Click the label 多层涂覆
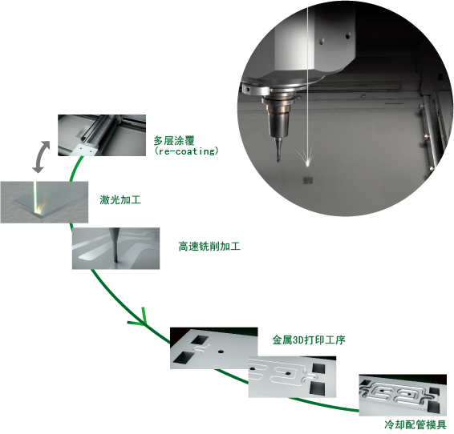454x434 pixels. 174,141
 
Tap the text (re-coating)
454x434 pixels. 186,151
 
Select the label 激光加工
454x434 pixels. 120,199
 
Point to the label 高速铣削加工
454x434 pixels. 209,247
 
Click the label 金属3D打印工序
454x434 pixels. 309,340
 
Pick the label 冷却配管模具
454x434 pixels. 415,424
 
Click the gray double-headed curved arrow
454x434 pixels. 40,157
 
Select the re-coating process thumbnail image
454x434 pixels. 102,135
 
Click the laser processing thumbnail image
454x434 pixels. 44,202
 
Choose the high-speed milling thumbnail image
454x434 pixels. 116,248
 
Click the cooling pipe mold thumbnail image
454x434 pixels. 403,396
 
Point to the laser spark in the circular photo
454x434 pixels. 307,158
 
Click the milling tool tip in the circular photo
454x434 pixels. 278,160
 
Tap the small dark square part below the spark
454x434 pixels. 307,181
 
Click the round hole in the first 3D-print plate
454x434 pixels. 221,352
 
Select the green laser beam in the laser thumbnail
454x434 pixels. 36,195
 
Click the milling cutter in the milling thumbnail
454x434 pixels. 115,245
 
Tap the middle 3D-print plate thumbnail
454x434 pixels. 292,377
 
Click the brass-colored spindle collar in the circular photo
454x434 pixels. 280,110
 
